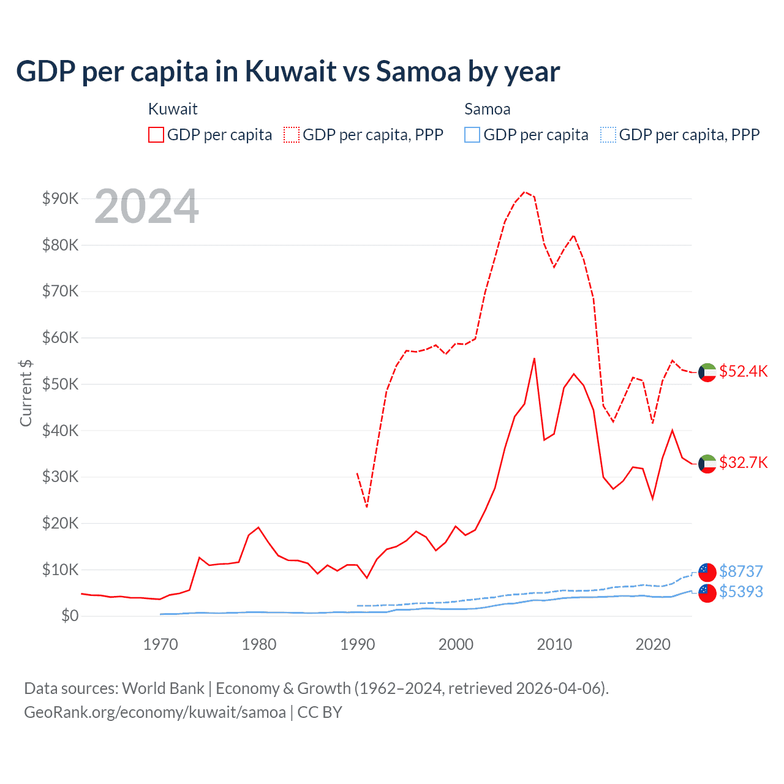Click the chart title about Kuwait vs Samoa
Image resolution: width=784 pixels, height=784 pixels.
(288, 72)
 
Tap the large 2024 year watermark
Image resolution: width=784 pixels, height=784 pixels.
(146, 206)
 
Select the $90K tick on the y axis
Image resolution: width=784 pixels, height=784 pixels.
(60, 198)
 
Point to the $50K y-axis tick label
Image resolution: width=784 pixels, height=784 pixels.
(60, 384)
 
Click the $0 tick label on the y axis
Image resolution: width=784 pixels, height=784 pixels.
(70, 616)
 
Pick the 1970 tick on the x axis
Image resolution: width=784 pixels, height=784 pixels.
(160, 644)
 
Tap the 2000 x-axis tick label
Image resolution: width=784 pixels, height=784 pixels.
(456, 644)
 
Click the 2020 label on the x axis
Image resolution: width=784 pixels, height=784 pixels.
(653, 644)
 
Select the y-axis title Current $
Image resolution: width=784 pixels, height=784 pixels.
(26, 393)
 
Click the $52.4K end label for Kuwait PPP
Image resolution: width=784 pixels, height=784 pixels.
(743, 372)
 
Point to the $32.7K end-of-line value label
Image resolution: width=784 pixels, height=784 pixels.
(743, 462)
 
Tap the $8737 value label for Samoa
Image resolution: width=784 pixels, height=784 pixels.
(741, 571)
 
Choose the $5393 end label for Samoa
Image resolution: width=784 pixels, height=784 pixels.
(741, 592)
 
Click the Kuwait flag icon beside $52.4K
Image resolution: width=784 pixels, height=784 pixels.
(707, 372)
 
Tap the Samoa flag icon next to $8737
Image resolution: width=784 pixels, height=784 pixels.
(707, 572)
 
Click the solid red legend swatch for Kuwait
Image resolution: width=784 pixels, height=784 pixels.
(156, 135)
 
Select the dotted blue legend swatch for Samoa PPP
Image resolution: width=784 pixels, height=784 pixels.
(608, 135)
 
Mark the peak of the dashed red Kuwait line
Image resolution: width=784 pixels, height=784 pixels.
(525, 192)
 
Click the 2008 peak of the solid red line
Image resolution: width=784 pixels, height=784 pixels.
(534, 358)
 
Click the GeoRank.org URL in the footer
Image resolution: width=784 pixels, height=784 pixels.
(155, 712)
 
